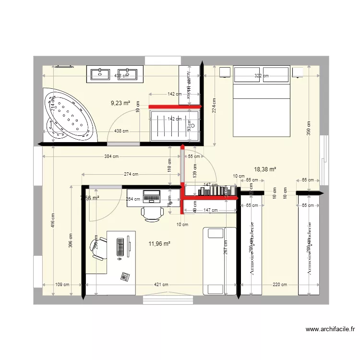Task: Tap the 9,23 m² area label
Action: pyautogui.click(x=120, y=103)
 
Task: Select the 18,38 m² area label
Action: pyautogui.click(x=265, y=169)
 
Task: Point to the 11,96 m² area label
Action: pyautogui.click(x=159, y=243)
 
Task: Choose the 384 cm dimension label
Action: pyautogui.click(x=110, y=157)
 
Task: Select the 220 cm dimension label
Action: pyautogui.click(x=279, y=285)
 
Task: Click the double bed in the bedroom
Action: pyautogui.click(x=262, y=101)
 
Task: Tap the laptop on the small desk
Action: pyautogui.click(x=152, y=196)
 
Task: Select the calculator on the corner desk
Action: pyautogui.click(x=125, y=276)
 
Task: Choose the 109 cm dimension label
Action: pyautogui.click(x=62, y=285)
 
